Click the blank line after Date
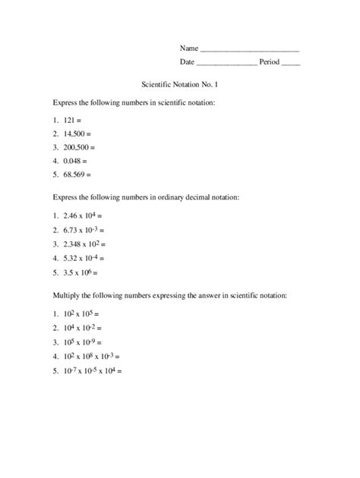[226, 64]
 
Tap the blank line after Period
[290, 64]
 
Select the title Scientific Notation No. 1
[180, 86]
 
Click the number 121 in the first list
[71, 121]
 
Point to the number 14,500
[77, 134]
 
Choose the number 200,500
[79, 147]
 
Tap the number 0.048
[74, 161]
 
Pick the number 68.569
[77, 175]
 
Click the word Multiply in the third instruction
[68, 292]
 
